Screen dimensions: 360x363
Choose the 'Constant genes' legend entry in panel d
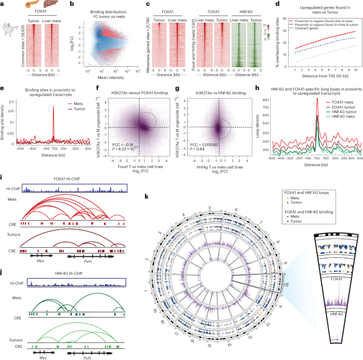(x=317, y=32)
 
